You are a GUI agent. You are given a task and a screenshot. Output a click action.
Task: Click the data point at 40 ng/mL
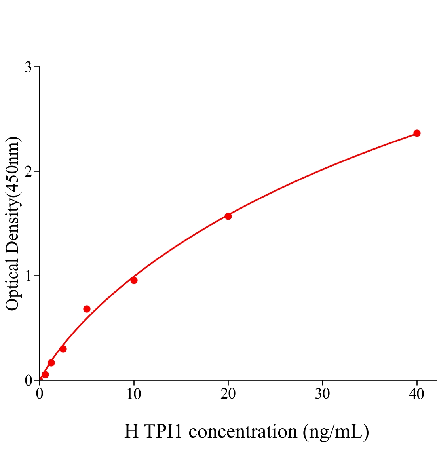tap(417, 133)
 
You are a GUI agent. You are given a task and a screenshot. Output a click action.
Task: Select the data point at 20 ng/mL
tap(228, 216)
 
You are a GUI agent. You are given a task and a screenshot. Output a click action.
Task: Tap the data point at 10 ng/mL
tap(134, 281)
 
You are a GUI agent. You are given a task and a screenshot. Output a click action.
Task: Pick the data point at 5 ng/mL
tap(87, 309)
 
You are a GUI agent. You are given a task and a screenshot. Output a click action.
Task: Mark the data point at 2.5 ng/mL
tap(63, 349)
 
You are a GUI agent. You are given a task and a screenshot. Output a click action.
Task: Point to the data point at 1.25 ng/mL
tap(51, 363)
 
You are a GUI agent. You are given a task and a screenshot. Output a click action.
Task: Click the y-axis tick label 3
tap(28, 67)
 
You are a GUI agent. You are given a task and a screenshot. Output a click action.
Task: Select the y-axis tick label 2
tap(28, 171)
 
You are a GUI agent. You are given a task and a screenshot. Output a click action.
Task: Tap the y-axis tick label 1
tap(28, 276)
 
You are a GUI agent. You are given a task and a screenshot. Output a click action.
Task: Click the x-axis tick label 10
tap(134, 394)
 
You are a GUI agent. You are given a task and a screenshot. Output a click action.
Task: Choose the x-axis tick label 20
tap(228, 394)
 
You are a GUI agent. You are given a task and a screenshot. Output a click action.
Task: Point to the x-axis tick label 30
tap(323, 394)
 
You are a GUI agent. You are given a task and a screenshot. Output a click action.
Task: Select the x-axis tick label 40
tap(417, 394)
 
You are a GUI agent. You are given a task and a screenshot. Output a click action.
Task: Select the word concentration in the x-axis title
tap(243, 431)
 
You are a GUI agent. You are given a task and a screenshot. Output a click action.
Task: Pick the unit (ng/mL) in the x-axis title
tap(336, 431)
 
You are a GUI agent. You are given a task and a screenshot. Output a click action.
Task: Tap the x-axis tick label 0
tap(40, 394)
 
